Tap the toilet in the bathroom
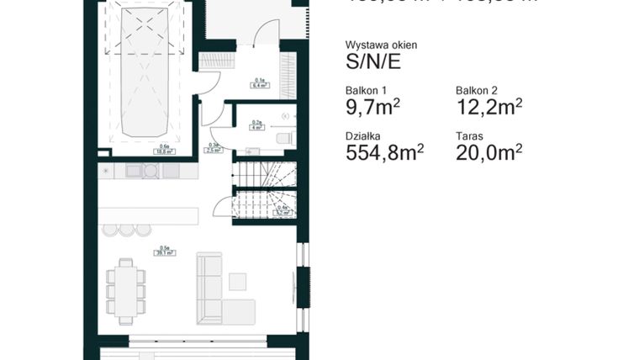[284, 137]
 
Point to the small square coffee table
[238, 281]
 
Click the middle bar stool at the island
[126, 230]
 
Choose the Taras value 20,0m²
[489, 152]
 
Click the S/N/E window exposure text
[372, 61]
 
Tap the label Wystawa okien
[381, 45]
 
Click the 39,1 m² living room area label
[163, 250]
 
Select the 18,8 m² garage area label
[164, 151]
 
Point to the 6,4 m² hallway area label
[258, 83]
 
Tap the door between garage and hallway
[204, 82]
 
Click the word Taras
[469, 135]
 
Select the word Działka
[362, 135]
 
